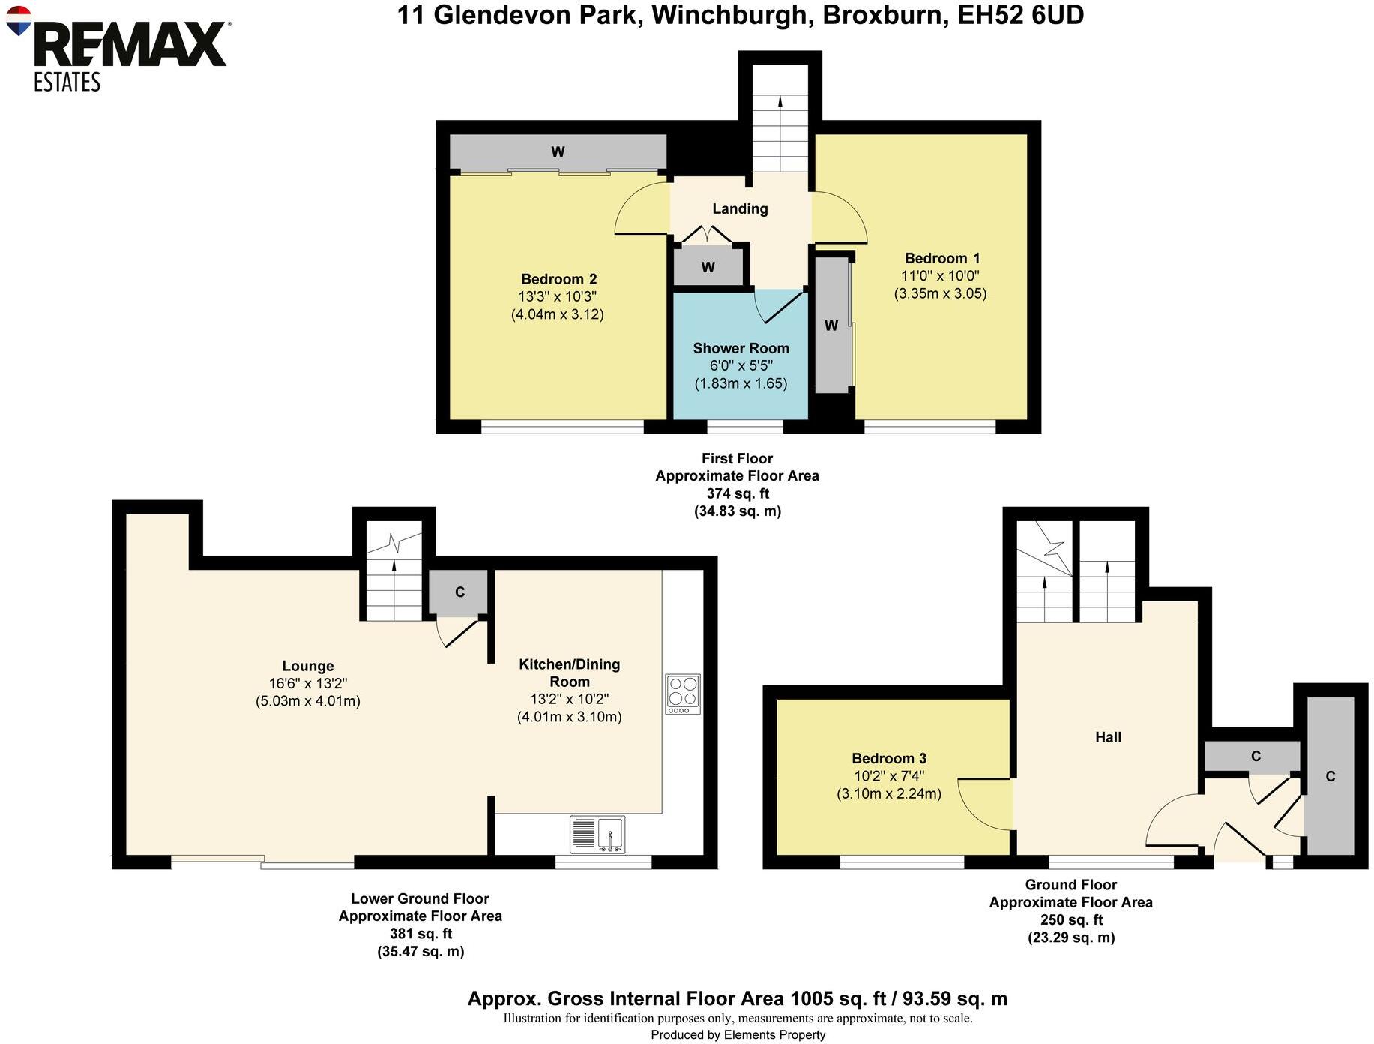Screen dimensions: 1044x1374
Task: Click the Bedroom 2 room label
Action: point(558,279)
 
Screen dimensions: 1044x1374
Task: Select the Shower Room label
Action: point(741,348)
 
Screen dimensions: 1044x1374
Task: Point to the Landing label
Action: point(740,208)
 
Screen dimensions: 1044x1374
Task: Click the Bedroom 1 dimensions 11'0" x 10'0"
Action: point(940,276)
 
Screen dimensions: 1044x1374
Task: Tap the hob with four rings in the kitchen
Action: point(683,694)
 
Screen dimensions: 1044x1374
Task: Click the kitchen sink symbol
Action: point(597,834)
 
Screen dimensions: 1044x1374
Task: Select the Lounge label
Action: point(307,666)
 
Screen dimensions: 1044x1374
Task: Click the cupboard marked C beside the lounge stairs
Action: point(459,592)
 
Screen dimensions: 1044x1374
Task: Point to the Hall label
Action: point(1108,737)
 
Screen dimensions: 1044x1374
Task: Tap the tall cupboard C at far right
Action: point(1330,776)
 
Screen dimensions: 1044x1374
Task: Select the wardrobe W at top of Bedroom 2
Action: point(558,151)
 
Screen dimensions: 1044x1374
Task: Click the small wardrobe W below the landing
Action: point(708,267)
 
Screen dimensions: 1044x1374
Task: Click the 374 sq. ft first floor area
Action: point(738,493)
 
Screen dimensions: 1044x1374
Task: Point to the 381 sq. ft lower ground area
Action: point(421,934)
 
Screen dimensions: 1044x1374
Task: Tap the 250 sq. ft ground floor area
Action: point(1071,920)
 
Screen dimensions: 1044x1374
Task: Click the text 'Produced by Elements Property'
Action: point(738,1035)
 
